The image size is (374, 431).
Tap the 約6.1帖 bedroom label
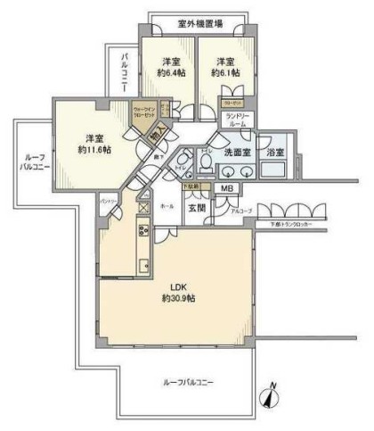224,73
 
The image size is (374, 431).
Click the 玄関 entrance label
197,207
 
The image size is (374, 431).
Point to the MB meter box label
227,187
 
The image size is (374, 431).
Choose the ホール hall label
167,205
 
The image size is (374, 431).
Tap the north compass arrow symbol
272,399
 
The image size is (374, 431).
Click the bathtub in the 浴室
274,170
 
